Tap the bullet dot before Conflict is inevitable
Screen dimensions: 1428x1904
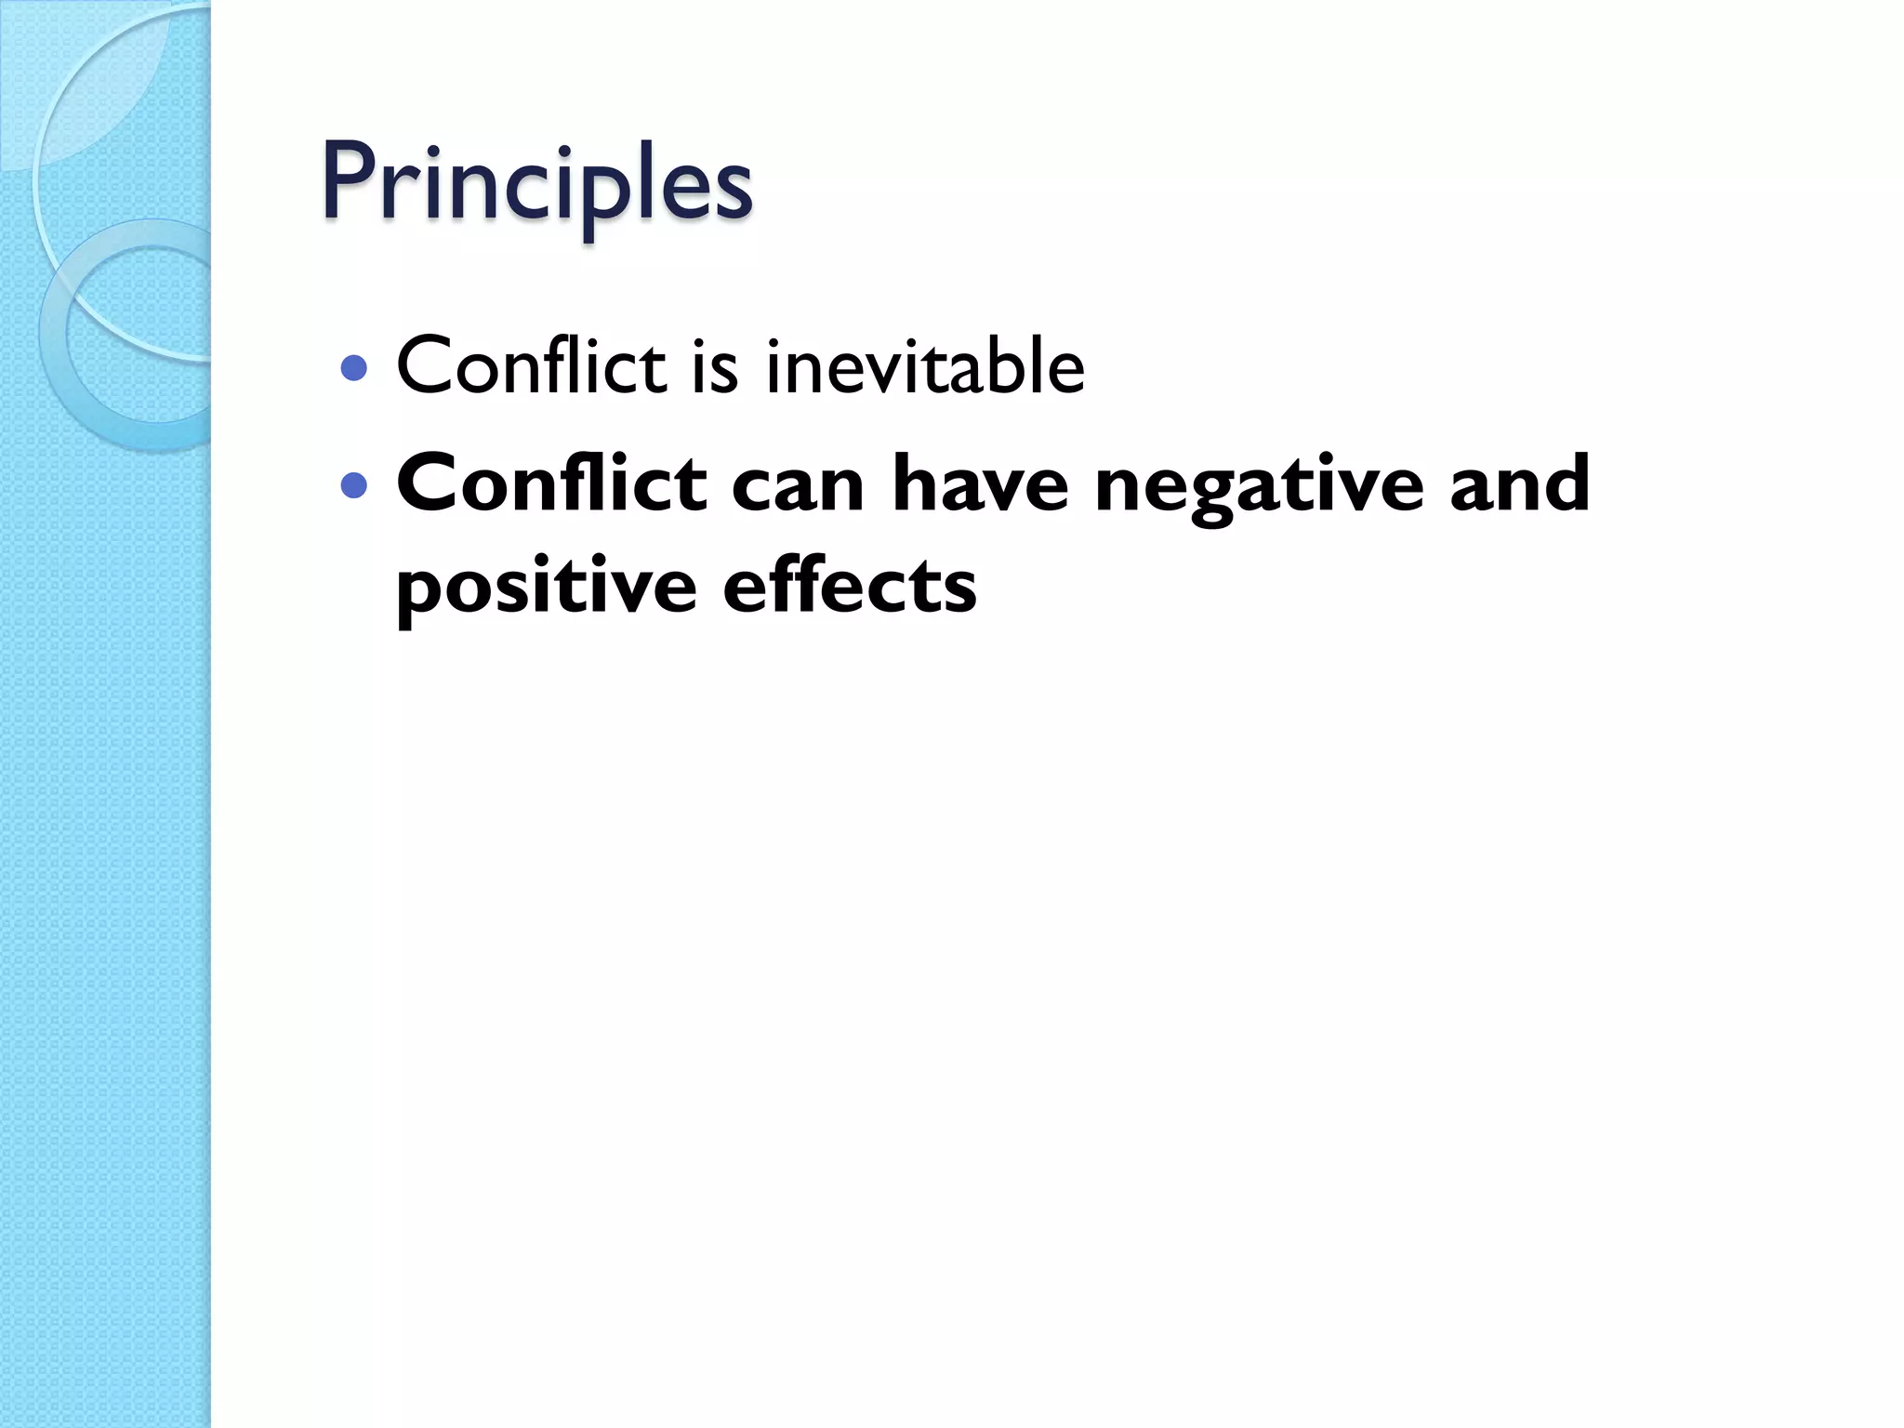point(353,369)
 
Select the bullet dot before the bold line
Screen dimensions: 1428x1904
point(353,485)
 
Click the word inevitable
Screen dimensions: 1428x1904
point(924,366)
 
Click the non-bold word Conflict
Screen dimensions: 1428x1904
point(531,366)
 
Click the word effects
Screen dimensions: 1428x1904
point(850,586)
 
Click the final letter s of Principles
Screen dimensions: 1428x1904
point(730,192)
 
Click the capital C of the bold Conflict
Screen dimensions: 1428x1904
point(427,483)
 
